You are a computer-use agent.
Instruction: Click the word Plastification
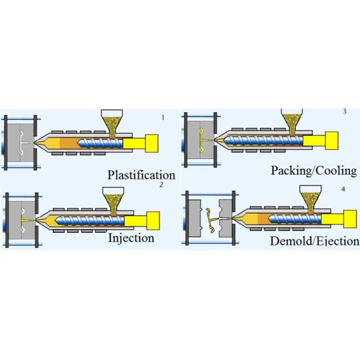[x=141, y=175]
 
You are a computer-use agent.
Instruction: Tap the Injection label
[x=131, y=238]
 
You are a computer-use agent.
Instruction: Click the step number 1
[x=163, y=118]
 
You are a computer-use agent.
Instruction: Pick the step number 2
[x=161, y=185]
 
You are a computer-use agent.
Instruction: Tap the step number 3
[x=344, y=112]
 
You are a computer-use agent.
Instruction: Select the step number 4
[x=343, y=189]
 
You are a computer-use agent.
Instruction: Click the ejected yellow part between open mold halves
[x=213, y=219]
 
